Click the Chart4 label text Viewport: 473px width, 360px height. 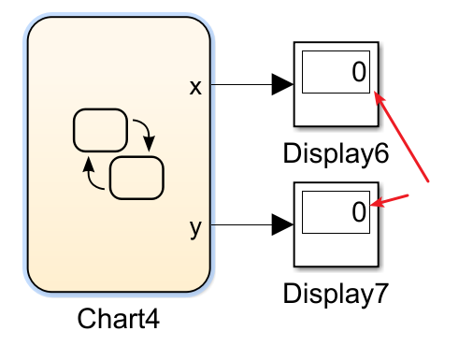tap(119, 318)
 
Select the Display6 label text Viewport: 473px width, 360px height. tap(336, 153)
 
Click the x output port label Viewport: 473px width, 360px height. tap(195, 87)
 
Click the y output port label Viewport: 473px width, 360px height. tap(195, 227)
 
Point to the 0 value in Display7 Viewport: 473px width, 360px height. tap(358, 213)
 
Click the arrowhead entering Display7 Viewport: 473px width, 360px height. tap(282, 225)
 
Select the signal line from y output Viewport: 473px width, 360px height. tap(238, 225)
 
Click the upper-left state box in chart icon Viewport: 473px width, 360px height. tap(100, 130)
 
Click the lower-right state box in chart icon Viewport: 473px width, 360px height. tap(136, 177)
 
